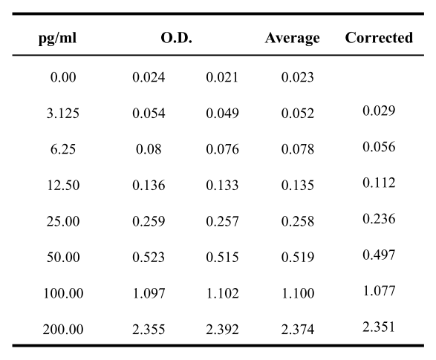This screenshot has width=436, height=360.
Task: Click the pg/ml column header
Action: [x=57, y=38]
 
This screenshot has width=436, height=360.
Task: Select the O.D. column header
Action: [x=176, y=38]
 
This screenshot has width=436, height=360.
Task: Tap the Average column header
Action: [x=292, y=38]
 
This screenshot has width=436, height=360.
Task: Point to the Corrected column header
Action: [x=379, y=38]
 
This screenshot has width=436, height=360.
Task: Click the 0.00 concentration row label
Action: [x=63, y=77]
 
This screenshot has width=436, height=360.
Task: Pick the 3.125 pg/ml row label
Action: [x=63, y=113]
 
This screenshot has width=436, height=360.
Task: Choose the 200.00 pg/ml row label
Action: [x=63, y=329]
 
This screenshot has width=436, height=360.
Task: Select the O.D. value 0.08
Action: [x=149, y=149]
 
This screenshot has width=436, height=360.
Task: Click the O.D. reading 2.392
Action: [x=222, y=329]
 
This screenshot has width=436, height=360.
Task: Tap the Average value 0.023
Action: [x=298, y=77]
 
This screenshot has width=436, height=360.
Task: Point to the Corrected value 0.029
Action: [x=379, y=111]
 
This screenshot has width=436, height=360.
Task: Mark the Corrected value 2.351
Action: [x=379, y=327]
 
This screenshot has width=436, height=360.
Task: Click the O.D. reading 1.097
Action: [x=149, y=293]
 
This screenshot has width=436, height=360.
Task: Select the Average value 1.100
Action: [x=298, y=293]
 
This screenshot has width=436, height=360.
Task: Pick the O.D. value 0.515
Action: [x=222, y=257]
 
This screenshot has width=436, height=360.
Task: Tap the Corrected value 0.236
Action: [x=379, y=219]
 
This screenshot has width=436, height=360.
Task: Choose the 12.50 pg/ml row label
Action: [x=63, y=185]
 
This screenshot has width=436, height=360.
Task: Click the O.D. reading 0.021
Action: [x=222, y=77]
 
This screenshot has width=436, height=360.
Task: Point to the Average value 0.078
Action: [x=298, y=149]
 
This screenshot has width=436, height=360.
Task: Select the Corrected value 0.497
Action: [x=379, y=255]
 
